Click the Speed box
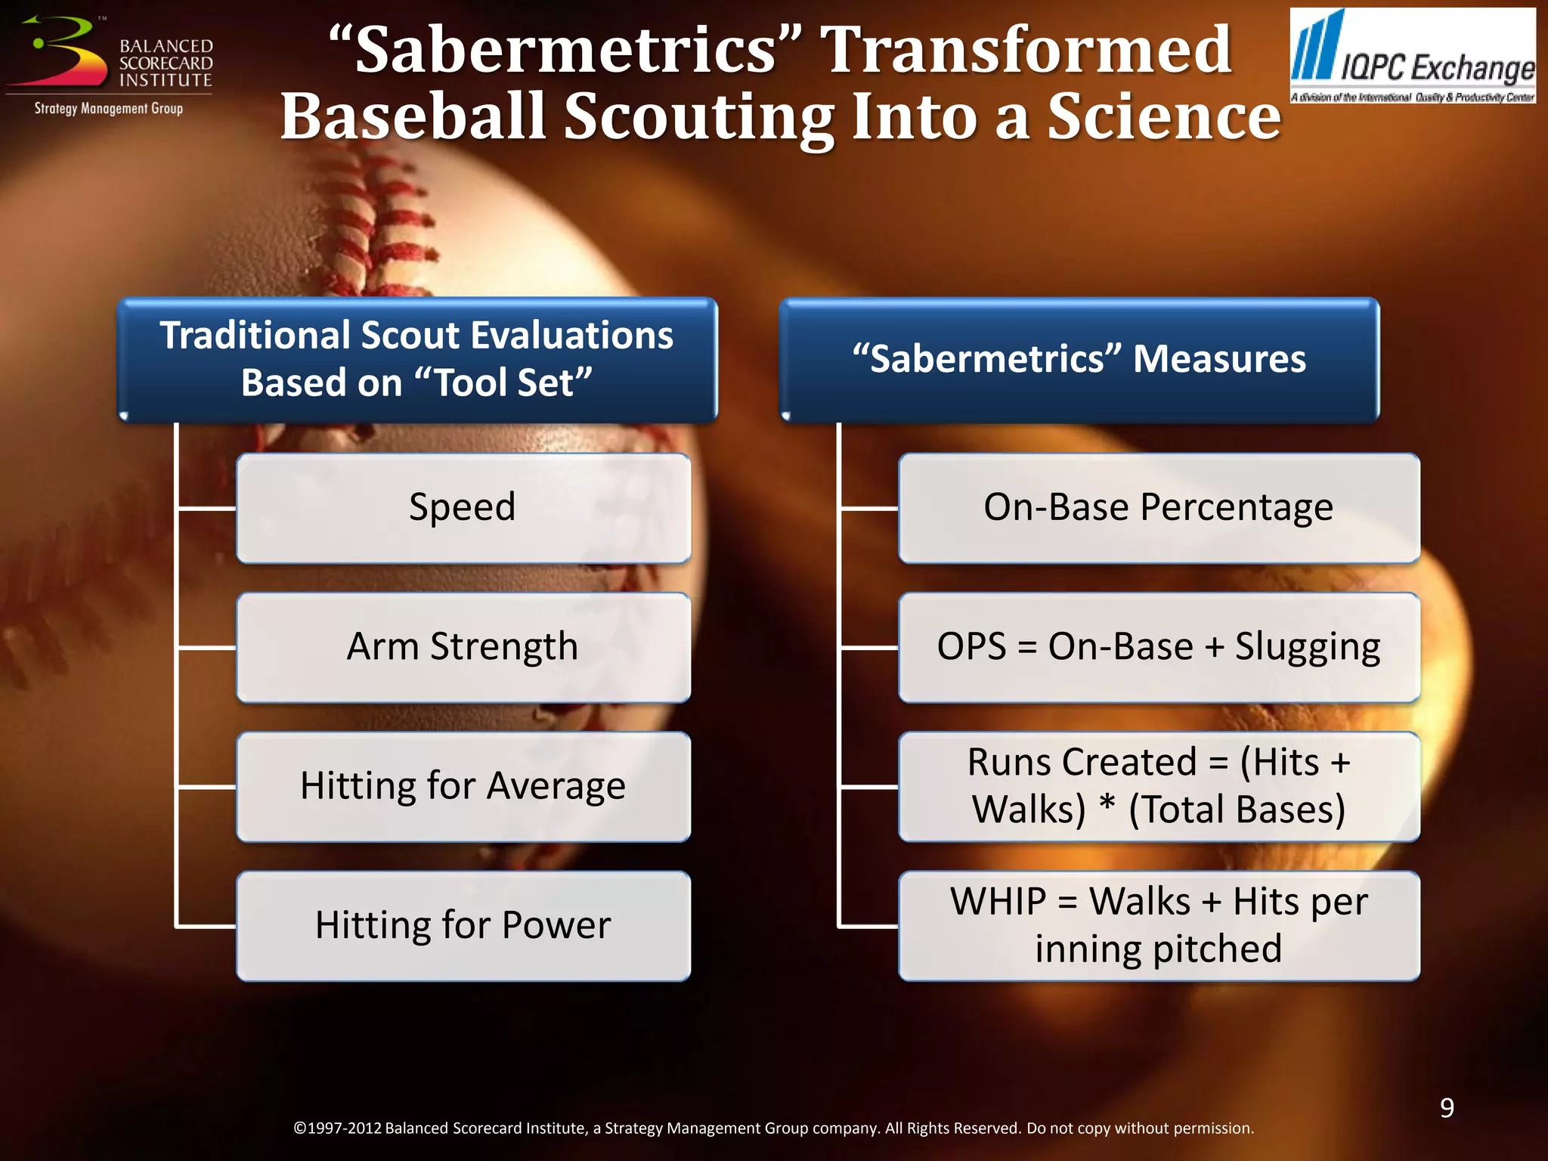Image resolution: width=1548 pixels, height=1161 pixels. pos(463,508)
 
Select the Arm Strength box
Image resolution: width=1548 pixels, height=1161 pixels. pos(463,648)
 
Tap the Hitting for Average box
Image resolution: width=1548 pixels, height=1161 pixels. pos(463,786)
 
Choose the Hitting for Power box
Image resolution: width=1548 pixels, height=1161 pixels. pos(463,926)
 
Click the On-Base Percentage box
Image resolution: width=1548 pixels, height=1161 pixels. pos(1158,508)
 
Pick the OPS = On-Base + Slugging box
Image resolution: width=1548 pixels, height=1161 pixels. pos(1158,648)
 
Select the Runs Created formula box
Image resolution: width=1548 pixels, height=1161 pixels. pos(1158,786)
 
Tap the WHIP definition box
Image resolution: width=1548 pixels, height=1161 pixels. pos(1158,926)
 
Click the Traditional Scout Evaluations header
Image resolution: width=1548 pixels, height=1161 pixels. pos(416,359)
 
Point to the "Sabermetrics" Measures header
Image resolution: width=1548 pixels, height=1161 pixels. pos(1079,359)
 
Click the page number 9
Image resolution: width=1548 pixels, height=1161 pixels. pos(1447,1108)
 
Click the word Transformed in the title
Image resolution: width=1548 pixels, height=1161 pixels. pos(1026,50)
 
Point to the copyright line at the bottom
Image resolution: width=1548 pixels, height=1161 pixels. pos(772,1128)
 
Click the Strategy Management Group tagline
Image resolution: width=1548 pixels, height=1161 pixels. pos(108,109)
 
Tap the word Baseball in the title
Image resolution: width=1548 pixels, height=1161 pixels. pos(413,117)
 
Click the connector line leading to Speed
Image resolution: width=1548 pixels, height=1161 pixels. pos(206,509)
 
